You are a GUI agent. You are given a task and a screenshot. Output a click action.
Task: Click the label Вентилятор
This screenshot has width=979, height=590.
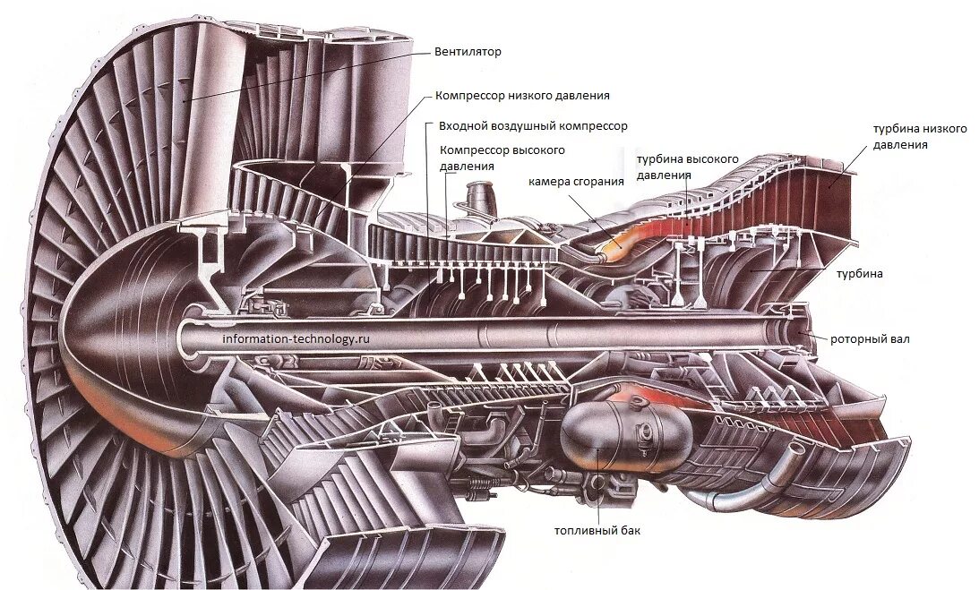(468, 52)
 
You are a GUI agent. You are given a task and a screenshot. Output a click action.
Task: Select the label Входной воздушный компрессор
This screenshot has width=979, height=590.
(533, 126)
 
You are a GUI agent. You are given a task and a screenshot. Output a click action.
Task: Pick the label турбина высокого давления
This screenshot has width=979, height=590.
(687, 167)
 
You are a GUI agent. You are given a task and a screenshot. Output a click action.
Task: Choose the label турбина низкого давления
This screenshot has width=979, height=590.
(920, 136)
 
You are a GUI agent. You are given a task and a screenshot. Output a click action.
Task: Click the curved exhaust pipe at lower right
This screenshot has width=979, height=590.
(770, 475)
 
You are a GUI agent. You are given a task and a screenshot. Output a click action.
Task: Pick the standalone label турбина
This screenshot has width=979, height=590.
(860, 274)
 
